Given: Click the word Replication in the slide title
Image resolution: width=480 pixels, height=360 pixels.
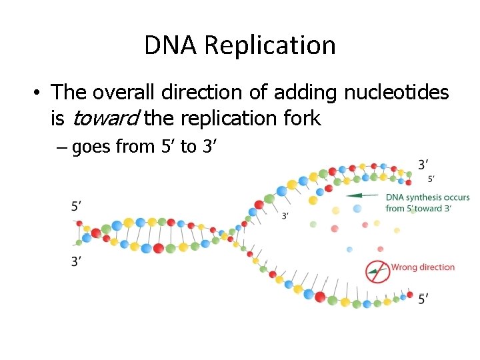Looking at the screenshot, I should pyautogui.click(x=270, y=45).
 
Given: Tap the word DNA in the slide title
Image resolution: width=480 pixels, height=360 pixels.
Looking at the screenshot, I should pyautogui.click(x=172, y=45).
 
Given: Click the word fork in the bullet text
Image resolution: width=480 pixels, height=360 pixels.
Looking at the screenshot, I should pyautogui.click(x=303, y=119).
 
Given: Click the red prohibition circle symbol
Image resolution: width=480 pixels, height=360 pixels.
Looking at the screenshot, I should pyautogui.click(x=377, y=271).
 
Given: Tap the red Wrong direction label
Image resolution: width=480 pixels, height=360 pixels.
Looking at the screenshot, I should pyautogui.click(x=423, y=267).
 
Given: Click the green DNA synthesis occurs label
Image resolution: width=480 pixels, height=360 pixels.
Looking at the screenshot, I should pyautogui.click(x=427, y=197).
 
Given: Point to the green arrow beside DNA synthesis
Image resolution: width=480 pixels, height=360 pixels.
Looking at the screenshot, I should pyautogui.click(x=364, y=195).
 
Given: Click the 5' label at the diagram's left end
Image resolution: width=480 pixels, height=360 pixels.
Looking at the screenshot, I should pyautogui.click(x=77, y=207).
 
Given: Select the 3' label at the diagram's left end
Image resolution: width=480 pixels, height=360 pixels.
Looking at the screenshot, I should pyautogui.click(x=77, y=262).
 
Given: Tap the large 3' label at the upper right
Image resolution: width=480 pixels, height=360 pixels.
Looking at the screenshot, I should pyautogui.click(x=423, y=164).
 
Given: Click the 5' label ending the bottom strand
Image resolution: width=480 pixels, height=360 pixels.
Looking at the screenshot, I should pyautogui.click(x=423, y=299).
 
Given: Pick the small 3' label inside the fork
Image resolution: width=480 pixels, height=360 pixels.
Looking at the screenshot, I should pyautogui.click(x=285, y=215).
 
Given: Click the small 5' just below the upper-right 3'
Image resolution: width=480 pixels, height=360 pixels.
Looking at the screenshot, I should pyautogui.click(x=432, y=179).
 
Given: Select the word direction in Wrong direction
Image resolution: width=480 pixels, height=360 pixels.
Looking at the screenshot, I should pyautogui.click(x=435, y=267).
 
